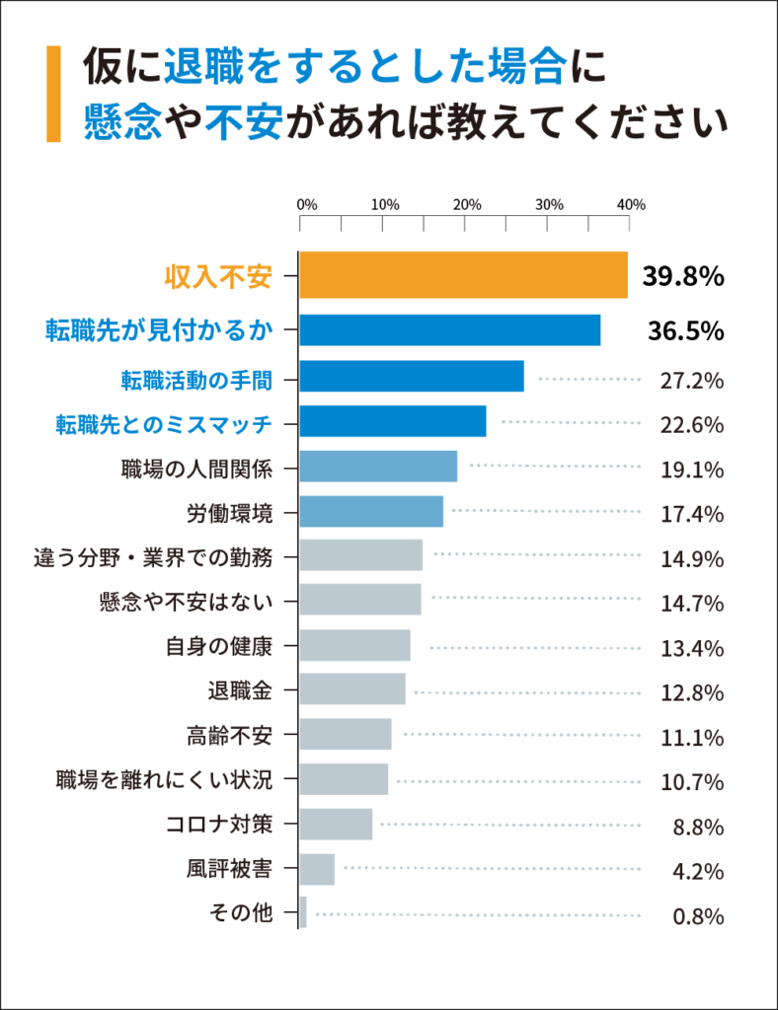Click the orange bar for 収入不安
pyautogui.click(x=463, y=275)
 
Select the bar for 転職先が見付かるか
pyautogui.click(x=449, y=329)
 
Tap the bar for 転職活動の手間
pyautogui.click(x=411, y=376)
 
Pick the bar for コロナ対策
pyautogui.click(x=336, y=824)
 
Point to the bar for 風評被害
pyautogui.click(x=317, y=869)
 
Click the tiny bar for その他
pyautogui.click(x=303, y=912)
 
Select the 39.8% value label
pyautogui.click(x=683, y=277)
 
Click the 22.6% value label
pyautogui.click(x=692, y=425)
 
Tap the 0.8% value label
pyautogui.click(x=698, y=916)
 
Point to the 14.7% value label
pyautogui.click(x=692, y=603)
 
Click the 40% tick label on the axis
pyautogui.click(x=630, y=205)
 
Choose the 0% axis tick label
pyautogui.click(x=307, y=205)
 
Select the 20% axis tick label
pyautogui.click(x=466, y=205)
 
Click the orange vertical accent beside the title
pyautogui.click(x=53, y=93)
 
